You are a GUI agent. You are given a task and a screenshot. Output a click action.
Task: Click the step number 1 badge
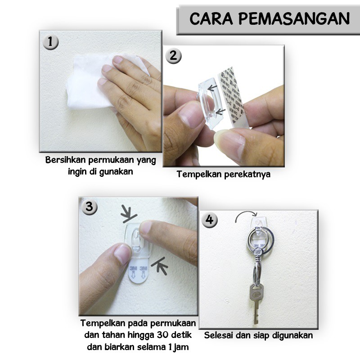point(50,42)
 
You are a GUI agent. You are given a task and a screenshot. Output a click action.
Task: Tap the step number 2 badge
point(173,56)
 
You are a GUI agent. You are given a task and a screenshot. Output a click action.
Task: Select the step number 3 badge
point(89,207)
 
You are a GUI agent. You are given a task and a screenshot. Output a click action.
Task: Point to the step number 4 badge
point(209,220)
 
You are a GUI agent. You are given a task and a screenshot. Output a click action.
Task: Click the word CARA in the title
point(211,19)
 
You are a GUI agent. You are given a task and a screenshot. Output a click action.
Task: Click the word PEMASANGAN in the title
point(294,19)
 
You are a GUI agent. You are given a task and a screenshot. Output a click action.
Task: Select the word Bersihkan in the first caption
point(65,160)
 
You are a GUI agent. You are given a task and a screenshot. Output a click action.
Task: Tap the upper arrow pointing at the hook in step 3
point(129,215)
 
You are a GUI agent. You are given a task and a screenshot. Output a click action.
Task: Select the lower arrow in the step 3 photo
point(160,266)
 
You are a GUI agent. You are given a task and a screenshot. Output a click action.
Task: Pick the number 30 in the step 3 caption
point(163,335)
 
